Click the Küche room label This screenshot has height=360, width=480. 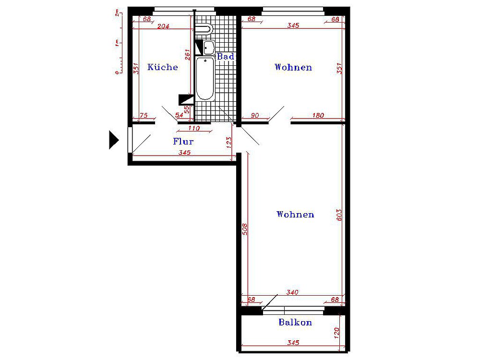(163, 67)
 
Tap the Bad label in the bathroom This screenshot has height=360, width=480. (226, 56)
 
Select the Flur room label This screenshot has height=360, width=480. (183, 142)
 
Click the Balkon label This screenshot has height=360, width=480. (295, 322)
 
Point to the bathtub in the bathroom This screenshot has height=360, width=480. (205, 79)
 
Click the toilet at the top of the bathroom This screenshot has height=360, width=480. (204, 29)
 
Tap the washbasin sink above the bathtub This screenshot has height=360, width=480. (209, 48)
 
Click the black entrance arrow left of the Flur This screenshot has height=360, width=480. (114, 140)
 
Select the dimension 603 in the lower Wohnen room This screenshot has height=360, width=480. (339, 215)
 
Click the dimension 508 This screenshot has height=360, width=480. (245, 229)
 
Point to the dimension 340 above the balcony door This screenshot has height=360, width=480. (292, 292)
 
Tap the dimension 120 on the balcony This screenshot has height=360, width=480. (337, 333)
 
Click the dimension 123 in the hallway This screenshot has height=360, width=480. (229, 143)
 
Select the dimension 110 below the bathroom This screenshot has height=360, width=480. (194, 128)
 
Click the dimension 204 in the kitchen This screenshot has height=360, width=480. (163, 26)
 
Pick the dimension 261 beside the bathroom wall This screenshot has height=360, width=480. (187, 55)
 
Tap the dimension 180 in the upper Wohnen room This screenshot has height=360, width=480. (318, 115)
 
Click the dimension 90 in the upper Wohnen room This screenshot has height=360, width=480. (255, 115)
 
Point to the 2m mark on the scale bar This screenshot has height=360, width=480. (117, 13)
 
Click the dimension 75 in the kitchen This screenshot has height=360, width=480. (144, 115)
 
